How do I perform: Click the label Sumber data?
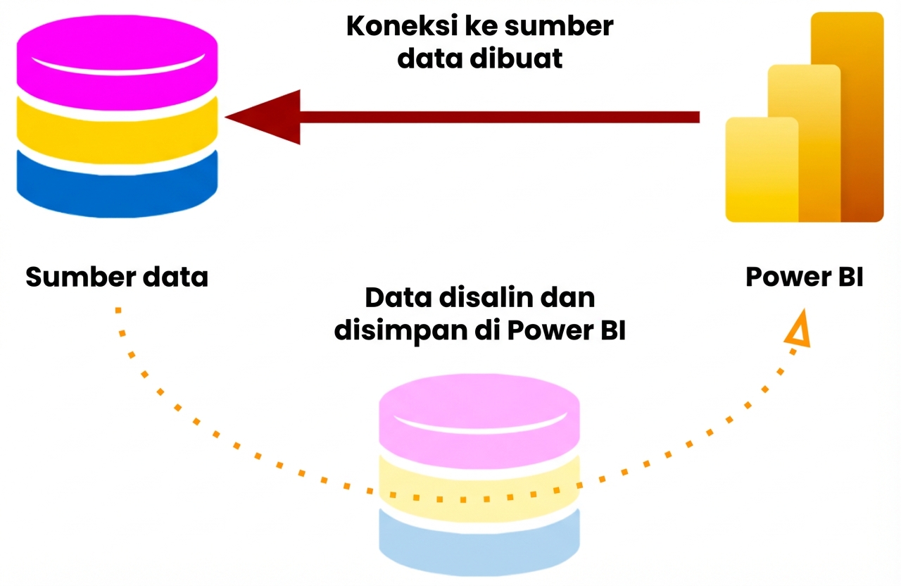click(117, 277)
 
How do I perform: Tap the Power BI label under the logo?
click(804, 277)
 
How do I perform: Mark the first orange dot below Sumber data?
click(118, 310)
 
